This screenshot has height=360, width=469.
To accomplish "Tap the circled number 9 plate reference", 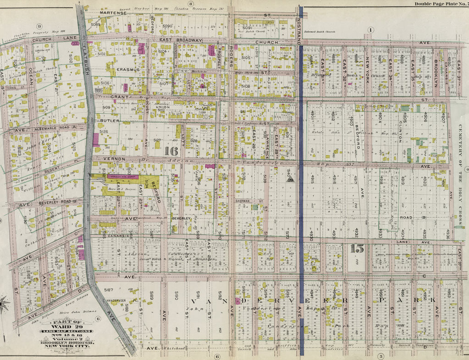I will [x=39, y=27].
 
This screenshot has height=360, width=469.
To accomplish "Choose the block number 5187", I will [x=108, y=290].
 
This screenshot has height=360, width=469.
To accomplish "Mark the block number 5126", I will [x=104, y=131].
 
